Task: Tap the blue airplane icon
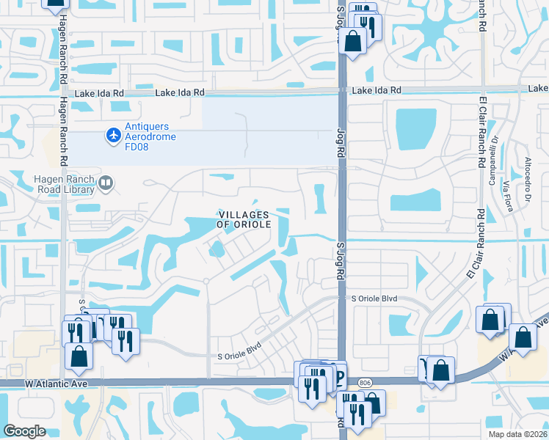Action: click(113, 135)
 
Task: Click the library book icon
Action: click(106, 183)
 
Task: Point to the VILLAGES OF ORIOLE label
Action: click(244, 219)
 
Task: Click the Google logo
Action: click(24, 431)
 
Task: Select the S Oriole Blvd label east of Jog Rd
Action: click(374, 299)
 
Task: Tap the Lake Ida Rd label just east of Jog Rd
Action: click(377, 89)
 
